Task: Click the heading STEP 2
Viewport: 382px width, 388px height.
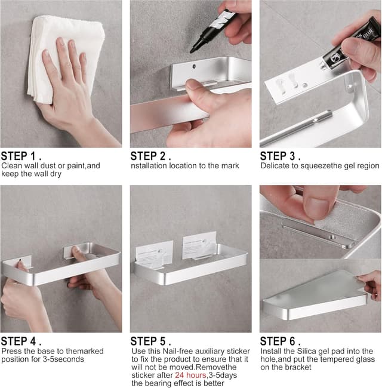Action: [150, 156]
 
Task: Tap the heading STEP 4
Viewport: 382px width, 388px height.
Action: [20, 341]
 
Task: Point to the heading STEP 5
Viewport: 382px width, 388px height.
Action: [150, 341]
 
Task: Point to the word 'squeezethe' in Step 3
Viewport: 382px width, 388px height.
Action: [320, 165]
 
